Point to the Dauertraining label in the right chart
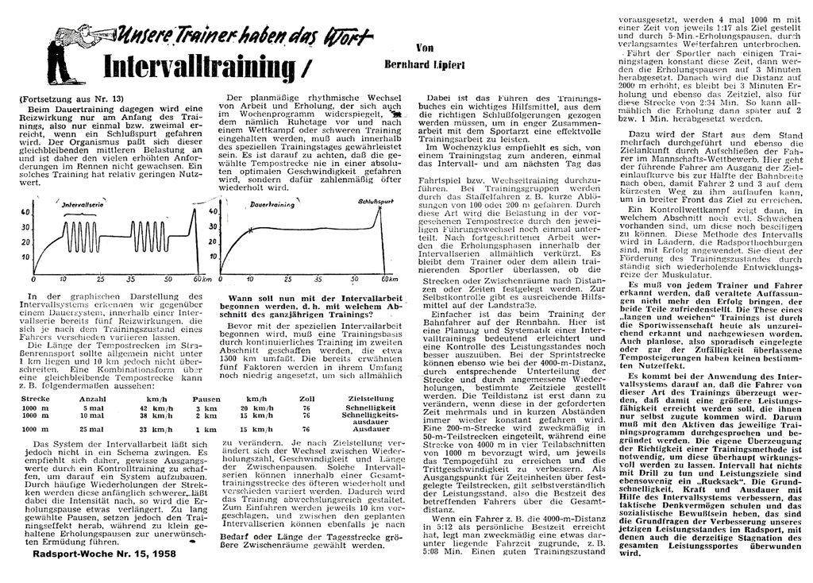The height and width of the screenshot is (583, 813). [272, 204]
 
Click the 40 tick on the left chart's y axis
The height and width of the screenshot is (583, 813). [25, 212]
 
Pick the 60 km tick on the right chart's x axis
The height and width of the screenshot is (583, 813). [387, 280]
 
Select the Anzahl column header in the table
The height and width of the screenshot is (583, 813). [93, 398]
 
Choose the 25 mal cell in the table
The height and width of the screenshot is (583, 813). [92, 429]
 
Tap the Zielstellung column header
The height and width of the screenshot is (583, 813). [366, 398]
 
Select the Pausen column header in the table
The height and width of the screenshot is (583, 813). [206, 398]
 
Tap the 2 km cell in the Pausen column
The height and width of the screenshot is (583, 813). [205, 415]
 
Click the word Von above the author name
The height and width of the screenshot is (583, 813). [424, 48]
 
